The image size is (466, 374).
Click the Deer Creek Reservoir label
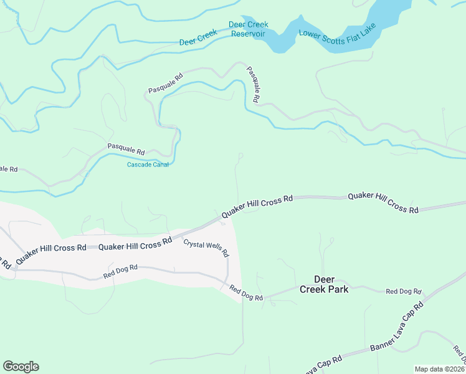(249, 29)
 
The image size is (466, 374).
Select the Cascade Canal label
(148, 165)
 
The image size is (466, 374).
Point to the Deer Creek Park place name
(323, 284)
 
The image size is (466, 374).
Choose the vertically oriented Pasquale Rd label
(252, 85)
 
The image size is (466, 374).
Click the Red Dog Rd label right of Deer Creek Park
(404, 291)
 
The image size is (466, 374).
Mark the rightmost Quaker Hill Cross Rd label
(383, 203)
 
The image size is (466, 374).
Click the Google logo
(21, 367)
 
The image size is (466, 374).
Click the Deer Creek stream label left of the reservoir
(198, 38)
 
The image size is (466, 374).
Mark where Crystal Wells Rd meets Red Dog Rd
(228, 282)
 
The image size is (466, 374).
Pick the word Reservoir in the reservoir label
(249, 34)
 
